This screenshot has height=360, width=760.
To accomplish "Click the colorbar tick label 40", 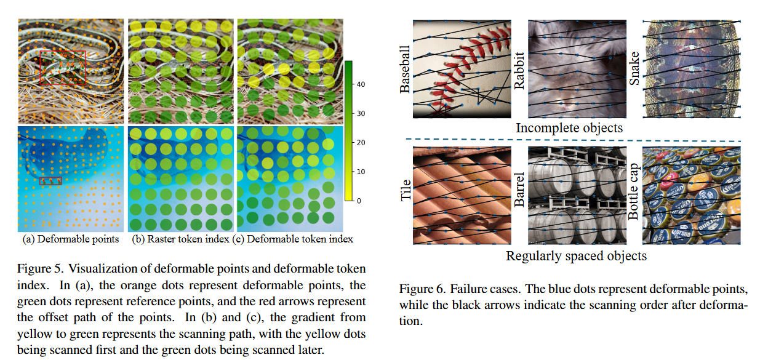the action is tap(361, 84).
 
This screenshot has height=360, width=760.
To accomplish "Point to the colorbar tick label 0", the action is tap(359, 201).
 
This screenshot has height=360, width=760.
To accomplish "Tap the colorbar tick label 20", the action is tap(361, 143).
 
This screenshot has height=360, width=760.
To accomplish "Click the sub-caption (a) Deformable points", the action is tap(71, 239).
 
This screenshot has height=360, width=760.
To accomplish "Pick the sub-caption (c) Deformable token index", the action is tap(293, 239).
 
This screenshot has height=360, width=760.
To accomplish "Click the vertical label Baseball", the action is tap(405, 70).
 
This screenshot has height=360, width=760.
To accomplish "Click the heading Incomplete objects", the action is tap(569, 128).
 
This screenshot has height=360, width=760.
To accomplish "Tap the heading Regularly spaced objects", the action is tap(576, 255).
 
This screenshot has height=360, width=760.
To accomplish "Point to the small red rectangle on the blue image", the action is tap(50, 181).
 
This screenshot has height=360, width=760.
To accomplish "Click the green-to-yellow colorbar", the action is tap(348, 130).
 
